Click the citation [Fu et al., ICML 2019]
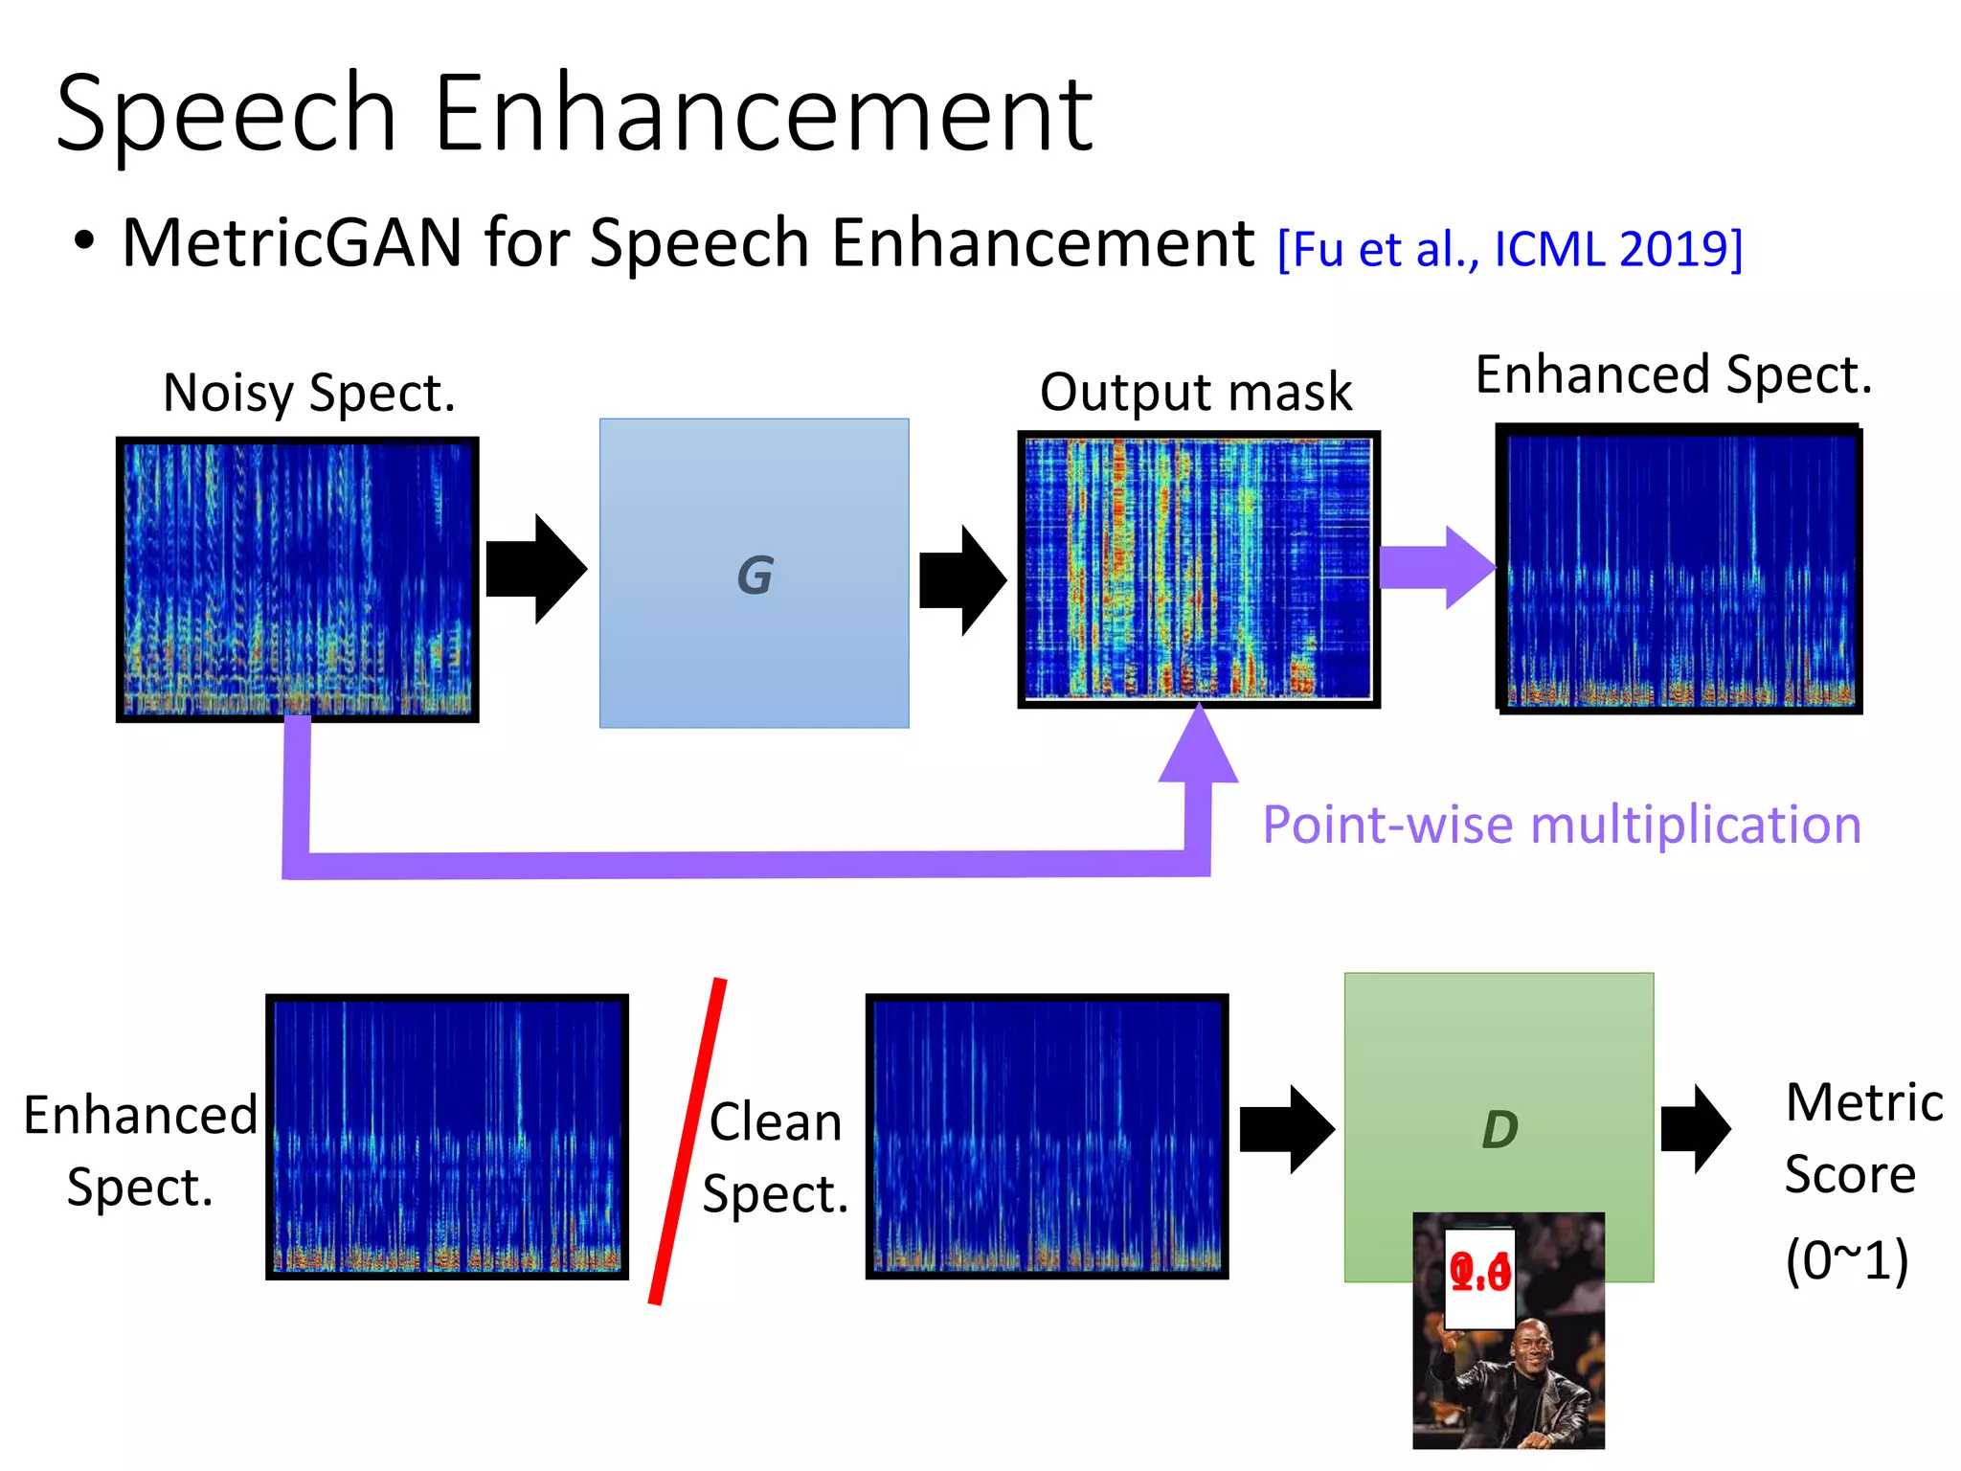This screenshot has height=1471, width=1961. pyautogui.click(x=1510, y=250)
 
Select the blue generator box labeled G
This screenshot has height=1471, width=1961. pyautogui.click(x=754, y=573)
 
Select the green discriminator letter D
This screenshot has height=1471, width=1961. pyautogui.click(x=1499, y=1130)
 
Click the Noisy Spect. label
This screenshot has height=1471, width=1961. pyautogui.click(x=309, y=393)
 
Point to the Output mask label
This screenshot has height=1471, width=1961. pyautogui.click(x=1196, y=392)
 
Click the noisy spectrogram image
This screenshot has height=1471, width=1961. pyautogui.click(x=297, y=578)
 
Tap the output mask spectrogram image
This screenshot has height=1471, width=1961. pyautogui.click(x=1198, y=569)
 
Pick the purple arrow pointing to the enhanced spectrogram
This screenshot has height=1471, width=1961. pyautogui.click(x=1436, y=567)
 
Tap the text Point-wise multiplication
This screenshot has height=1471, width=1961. pyautogui.click(x=1561, y=825)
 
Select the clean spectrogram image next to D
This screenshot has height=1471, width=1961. pyautogui.click(x=1047, y=1136)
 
